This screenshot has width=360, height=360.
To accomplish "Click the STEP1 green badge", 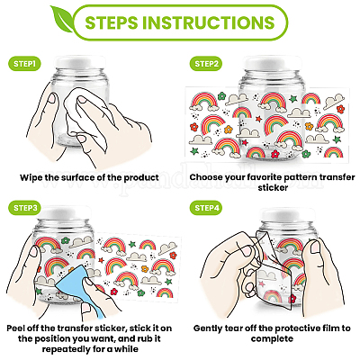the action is coord(24,64).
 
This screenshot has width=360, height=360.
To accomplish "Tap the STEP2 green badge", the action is coord(206,64).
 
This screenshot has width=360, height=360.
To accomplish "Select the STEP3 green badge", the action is coord(25,208).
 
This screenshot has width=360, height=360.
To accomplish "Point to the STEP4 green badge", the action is coord(206,208).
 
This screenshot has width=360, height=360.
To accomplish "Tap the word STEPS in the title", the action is coord(112,22).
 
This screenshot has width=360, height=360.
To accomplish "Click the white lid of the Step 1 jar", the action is coord(81,62).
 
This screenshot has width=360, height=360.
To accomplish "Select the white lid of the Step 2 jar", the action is coord(272,64).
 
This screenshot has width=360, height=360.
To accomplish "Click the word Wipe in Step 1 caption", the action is coord(31,177).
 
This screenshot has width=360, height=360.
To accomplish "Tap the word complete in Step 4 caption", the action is coord(272,339).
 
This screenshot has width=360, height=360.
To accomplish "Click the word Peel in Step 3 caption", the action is coord(16,328).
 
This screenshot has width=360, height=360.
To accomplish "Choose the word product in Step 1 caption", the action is coord(141,178).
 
